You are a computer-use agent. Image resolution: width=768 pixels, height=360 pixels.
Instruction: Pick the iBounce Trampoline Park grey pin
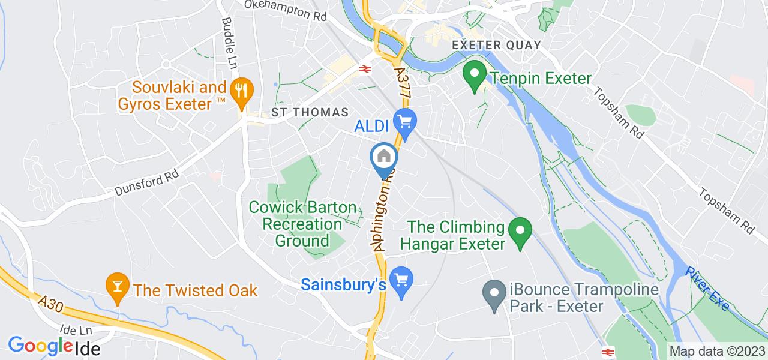(494, 295)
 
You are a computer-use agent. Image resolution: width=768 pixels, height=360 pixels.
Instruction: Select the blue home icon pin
(383, 158)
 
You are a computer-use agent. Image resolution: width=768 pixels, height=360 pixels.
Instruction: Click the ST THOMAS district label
(310, 112)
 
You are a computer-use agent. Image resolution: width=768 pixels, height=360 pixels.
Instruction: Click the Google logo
(40, 346)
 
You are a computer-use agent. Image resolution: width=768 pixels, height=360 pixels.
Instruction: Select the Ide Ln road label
(77, 331)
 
